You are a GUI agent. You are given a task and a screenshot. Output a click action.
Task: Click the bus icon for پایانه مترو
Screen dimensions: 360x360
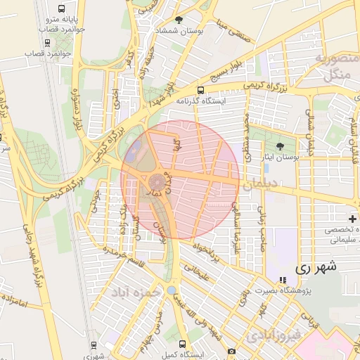62,9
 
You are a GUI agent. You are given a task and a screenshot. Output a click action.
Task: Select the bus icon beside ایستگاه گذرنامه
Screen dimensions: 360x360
201,90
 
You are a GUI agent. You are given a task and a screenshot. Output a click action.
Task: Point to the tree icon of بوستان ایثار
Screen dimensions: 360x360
281,146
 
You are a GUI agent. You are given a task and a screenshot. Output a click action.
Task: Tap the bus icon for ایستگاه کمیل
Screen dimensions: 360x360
183,344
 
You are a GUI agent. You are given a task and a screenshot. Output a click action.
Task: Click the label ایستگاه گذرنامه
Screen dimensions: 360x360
223,101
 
